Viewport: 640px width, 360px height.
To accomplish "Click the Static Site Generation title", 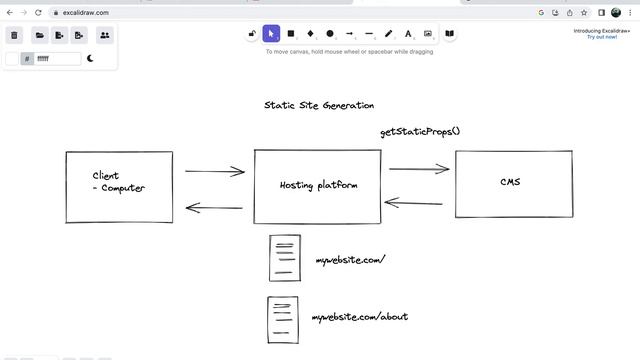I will [319, 105].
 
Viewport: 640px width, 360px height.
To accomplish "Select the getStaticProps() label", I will [420, 132].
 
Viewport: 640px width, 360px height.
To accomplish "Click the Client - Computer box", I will [119, 187].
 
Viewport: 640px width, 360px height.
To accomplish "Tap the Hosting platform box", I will [317, 186].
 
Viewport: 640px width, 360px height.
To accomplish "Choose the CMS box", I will [510, 182].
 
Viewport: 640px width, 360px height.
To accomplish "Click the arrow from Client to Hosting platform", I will [214, 171].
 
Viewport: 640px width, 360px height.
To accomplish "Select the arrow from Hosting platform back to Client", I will [214, 209].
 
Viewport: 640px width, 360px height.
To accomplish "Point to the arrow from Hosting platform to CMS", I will [418, 169].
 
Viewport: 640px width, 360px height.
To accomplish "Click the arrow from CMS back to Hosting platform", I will [414, 203].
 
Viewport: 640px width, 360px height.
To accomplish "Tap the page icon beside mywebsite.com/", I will [284, 258].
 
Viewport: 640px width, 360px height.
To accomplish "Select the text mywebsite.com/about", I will [360, 317].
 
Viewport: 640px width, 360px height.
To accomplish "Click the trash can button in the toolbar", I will [15, 35].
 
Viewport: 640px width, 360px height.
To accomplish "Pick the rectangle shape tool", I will [291, 33].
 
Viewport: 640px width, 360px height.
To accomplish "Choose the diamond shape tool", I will [310, 33].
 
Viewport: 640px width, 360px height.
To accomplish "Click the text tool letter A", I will [408, 33].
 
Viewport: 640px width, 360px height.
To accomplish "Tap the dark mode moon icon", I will [91, 59].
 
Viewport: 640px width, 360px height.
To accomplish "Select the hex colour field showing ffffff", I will [57, 59].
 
